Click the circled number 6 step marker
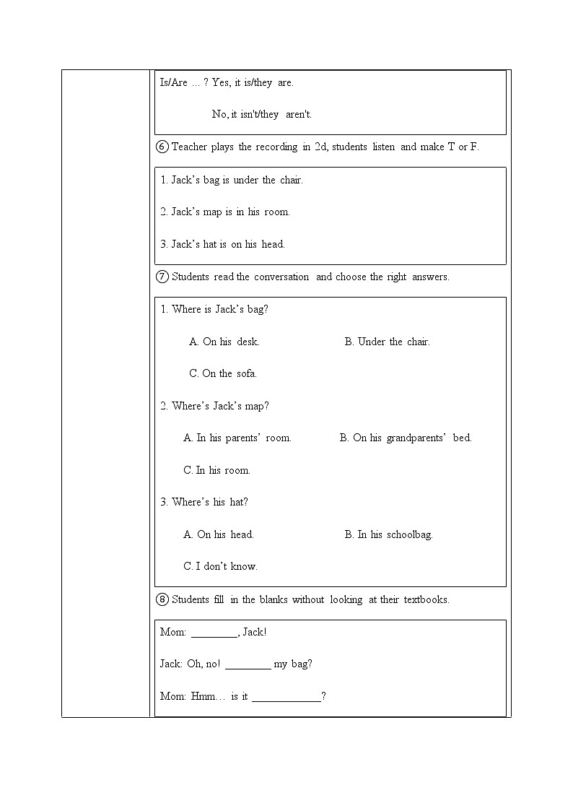pyautogui.click(x=162, y=147)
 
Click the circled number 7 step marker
pyautogui.click(x=162, y=277)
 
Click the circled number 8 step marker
pyautogui.click(x=162, y=599)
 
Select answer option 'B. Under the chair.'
pyautogui.click(x=387, y=342)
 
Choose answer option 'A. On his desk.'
pyautogui.click(x=224, y=342)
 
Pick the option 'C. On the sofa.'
pyautogui.click(x=222, y=373)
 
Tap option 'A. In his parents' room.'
pyautogui.click(x=237, y=438)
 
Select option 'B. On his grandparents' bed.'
pyautogui.click(x=405, y=438)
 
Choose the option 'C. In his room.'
pyautogui.click(x=216, y=470)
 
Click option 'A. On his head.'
pyautogui.click(x=219, y=534)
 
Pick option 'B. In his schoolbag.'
pyautogui.click(x=388, y=534)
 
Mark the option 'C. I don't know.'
pyautogui.click(x=220, y=566)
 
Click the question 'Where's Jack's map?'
pyautogui.click(x=214, y=406)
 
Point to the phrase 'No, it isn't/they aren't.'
pyautogui.click(x=261, y=114)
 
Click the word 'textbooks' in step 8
pyautogui.click(x=425, y=599)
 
